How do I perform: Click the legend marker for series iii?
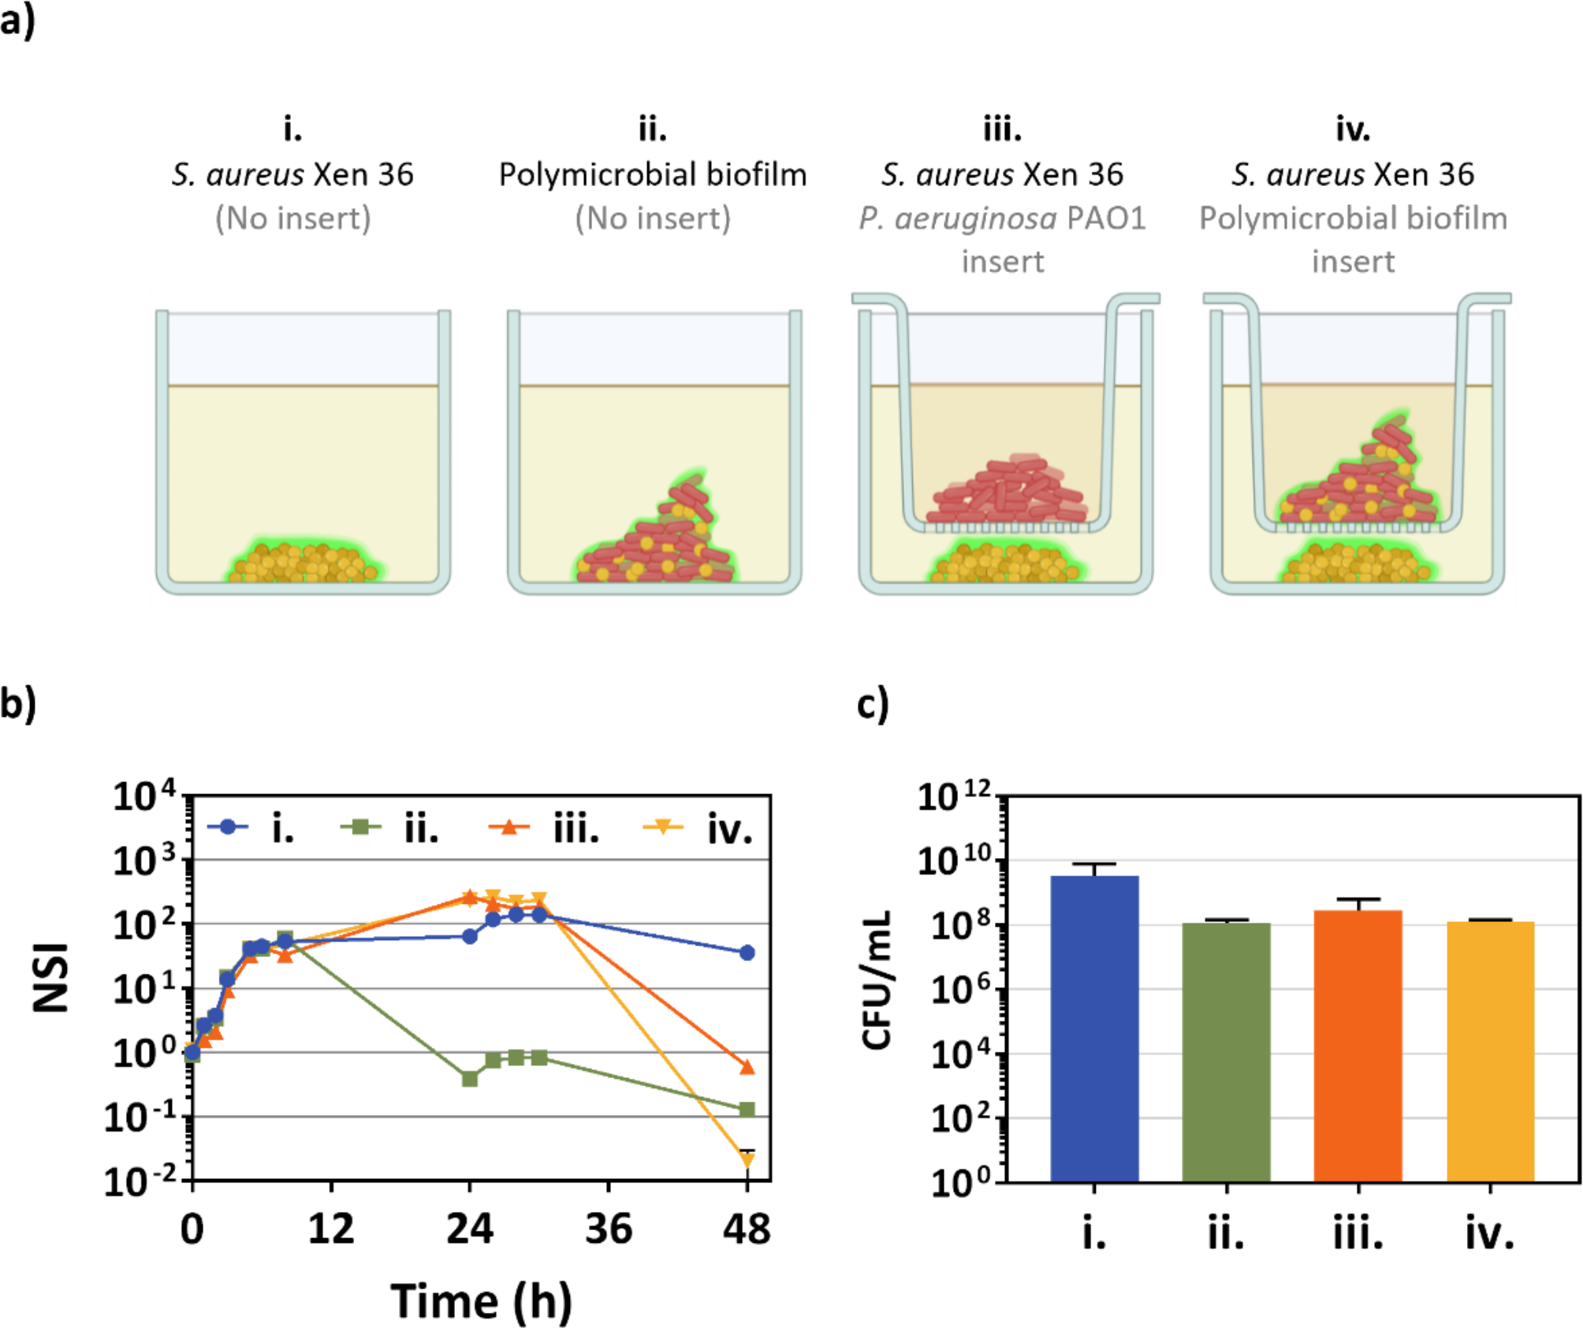[x=510, y=827]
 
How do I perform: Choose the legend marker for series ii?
[x=361, y=827]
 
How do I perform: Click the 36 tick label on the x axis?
[x=608, y=1229]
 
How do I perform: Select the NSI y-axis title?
[x=51, y=978]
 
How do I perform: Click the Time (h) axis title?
[x=481, y=1300]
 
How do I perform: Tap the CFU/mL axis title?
[x=877, y=979]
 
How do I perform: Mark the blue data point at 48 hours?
[x=747, y=953]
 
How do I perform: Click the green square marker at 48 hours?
[x=747, y=1110]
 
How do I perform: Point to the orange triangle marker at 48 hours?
[x=747, y=1068]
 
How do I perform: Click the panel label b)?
[x=17, y=702]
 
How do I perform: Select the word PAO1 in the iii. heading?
[x=1105, y=218]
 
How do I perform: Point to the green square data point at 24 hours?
[x=470, y=1078]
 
